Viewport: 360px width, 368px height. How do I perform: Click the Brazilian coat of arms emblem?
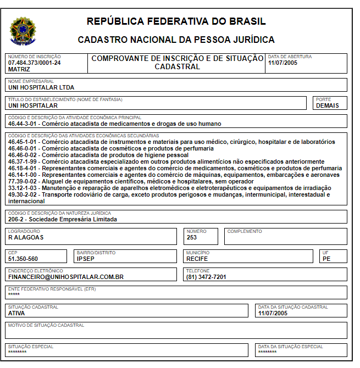[x=23, y=31]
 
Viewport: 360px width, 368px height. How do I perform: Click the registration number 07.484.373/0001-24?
[x=35, y=63]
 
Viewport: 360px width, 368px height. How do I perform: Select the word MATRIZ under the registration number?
[x=19, y=69]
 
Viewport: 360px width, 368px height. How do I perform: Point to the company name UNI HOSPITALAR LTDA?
[x=41, y=87]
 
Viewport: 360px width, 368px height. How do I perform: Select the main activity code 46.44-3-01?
[x=24, y=124]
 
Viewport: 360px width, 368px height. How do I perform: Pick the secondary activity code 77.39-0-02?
[x=24, y=181]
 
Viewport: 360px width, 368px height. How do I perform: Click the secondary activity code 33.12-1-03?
[x=24, y=188]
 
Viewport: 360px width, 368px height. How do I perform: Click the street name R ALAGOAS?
[x=26, y=238]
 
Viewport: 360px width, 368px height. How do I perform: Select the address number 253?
[x=192, y=238]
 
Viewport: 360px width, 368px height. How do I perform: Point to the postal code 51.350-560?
[x=23, y=259]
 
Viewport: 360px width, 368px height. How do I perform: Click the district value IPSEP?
[x=86, y=259]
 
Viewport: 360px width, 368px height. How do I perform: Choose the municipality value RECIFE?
[x=197, y=259]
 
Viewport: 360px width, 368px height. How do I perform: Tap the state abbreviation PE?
[x=326, y=259]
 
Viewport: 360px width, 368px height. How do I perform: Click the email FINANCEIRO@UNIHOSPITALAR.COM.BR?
[x=65, y=277]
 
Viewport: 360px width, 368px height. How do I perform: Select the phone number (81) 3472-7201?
[x=207, y=277]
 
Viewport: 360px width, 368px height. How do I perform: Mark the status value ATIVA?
[x=16, y=313]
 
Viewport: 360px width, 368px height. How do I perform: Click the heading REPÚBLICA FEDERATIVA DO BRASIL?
[x=176, y=22]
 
